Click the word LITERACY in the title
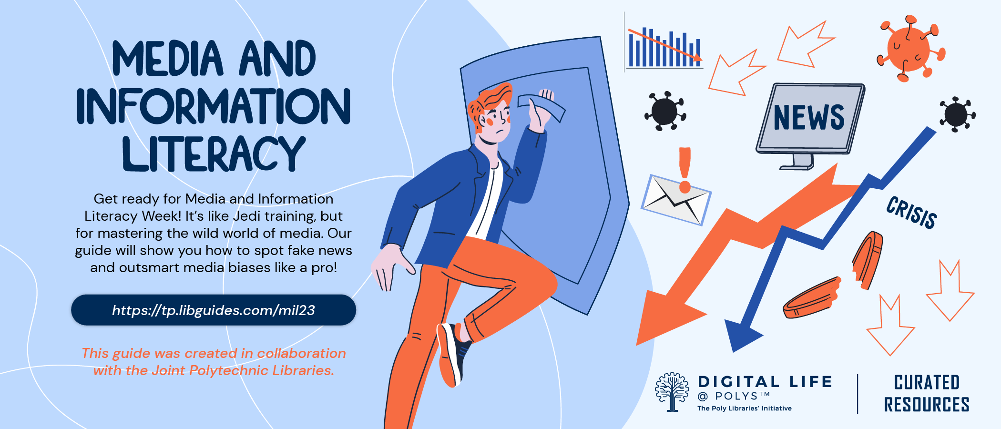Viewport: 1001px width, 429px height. point(214,153)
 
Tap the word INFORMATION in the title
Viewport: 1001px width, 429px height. point(214,106)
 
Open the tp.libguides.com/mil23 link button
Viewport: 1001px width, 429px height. point(214,310)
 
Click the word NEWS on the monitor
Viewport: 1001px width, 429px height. point(808,117)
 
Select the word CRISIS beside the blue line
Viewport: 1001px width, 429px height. point(911,213)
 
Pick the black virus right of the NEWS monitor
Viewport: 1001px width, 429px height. point(957,114)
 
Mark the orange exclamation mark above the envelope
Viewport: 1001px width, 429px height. point(685,170)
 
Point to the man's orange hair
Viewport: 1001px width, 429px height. point(491,100)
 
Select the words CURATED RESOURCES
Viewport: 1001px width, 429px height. point(927,393)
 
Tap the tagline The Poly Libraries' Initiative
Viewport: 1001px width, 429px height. point(744,409)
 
